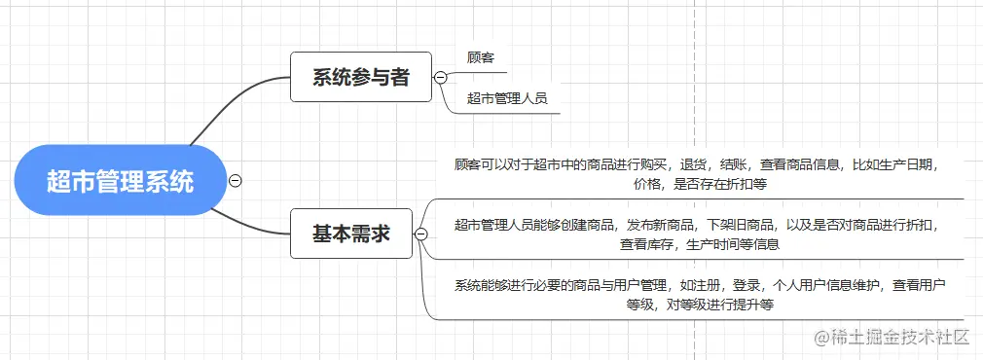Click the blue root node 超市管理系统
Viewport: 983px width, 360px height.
pos(121,180)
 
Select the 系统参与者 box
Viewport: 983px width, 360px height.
pos(360,77)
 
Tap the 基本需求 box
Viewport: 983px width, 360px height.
pos(350,234)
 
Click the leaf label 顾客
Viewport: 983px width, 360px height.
pos(481,57)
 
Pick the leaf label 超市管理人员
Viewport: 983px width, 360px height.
pos(506,97)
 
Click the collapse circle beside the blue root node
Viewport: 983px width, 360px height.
pos(235,180)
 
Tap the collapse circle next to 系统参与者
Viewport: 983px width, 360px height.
pos(440,77)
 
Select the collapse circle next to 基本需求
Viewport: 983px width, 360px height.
pos(420,234)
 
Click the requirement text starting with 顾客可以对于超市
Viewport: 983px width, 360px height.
pos(695,173)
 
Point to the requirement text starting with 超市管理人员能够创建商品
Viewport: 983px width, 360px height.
pos(695,234)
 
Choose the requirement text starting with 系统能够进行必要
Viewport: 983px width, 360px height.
pos(695,294)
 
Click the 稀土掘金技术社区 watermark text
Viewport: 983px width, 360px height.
pos(892,338)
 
